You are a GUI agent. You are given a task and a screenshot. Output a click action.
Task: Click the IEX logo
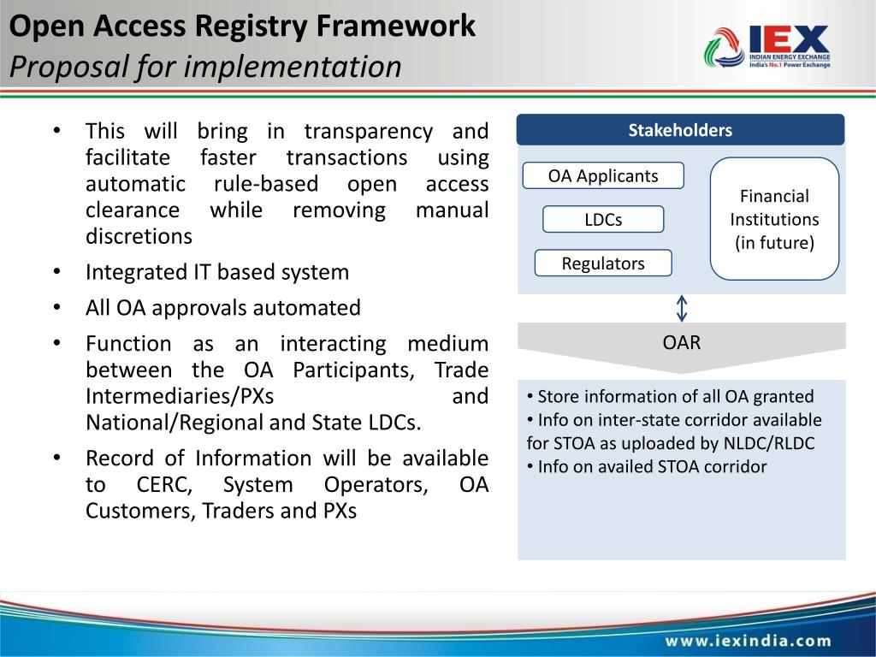click(767, 48)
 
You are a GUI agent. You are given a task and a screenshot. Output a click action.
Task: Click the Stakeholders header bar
click(680, 131)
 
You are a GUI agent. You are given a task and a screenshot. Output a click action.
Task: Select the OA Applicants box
click(603, 176)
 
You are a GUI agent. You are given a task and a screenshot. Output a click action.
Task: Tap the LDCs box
click(603, 220)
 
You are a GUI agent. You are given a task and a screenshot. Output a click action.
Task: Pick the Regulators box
click(603, 263)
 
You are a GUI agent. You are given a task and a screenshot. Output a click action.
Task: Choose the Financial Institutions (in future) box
click(774, 219)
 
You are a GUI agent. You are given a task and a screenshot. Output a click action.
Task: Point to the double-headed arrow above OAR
click(682, 308)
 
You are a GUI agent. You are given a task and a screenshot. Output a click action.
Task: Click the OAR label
click(682, 343)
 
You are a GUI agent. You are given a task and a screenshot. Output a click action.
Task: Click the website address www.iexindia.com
click(749, 640)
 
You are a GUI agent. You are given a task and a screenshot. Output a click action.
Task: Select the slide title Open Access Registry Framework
click(242, 27)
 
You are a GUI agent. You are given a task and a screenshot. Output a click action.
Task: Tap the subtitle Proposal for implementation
click(205, 66)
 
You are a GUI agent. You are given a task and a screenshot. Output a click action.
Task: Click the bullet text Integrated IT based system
click(217, 272)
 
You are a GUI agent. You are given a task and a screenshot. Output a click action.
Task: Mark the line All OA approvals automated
click(223, 307)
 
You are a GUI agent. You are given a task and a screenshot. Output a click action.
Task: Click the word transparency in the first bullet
click(369, 132)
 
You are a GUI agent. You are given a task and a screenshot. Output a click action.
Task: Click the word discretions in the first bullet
click(139, 236)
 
